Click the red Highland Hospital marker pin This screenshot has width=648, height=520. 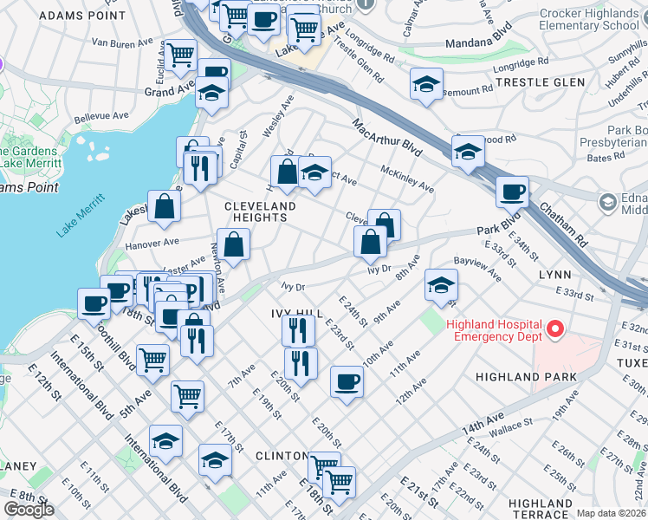pos(555,329)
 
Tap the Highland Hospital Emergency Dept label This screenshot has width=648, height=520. pos(495,331)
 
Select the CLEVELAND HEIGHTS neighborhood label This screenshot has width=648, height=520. pos(260,211)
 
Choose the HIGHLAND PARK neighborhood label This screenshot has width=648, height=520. pos(520,377)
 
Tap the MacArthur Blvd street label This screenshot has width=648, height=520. pos(386,139)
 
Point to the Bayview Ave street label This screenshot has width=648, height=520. pos(476,268)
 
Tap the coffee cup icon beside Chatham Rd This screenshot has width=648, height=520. pos(512,192)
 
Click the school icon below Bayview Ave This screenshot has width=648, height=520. pos(441,284)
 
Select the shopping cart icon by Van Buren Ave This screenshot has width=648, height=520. pos(181,55)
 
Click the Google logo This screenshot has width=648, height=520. pos(29,510)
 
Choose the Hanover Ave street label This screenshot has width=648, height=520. pos(152,244)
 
